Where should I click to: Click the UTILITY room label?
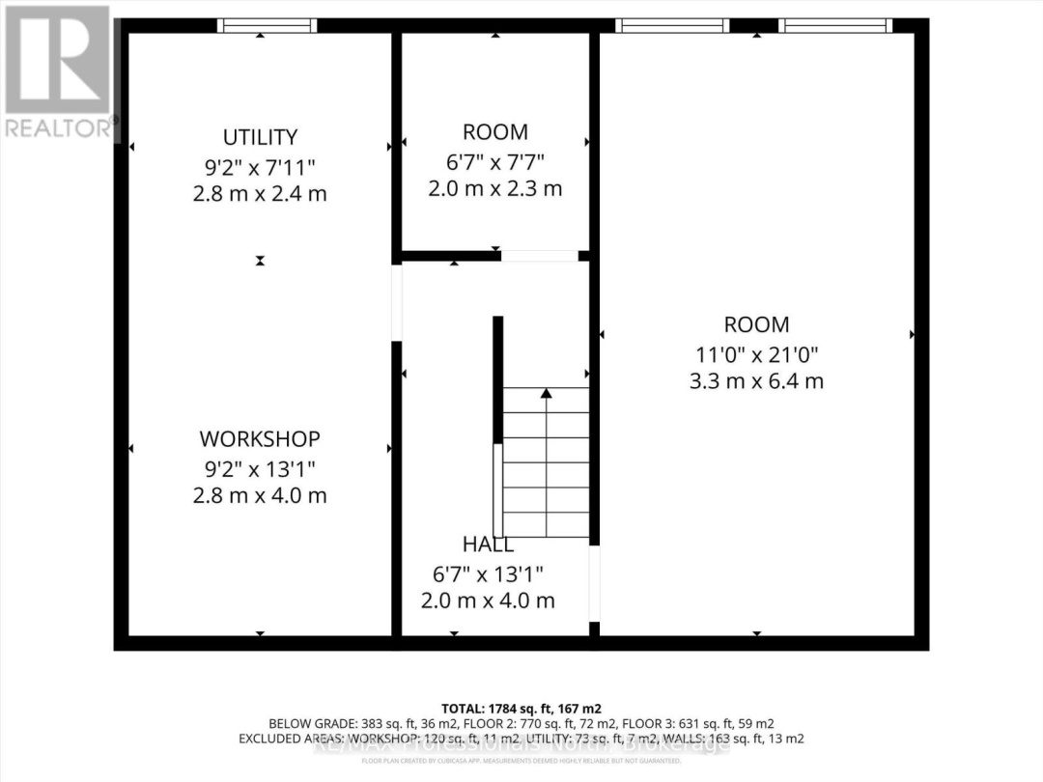[x=259, y=137]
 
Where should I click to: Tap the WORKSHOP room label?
[x=259, y=439]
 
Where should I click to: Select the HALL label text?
[x=488, y=545]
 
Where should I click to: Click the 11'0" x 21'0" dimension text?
[x=756, y=353]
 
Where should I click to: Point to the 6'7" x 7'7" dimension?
[x=494, y=160]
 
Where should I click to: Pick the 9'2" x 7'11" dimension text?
[x=259, y=166]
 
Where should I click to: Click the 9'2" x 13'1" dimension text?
[x=259, y=468]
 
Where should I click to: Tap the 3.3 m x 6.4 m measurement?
[x=756, y=381]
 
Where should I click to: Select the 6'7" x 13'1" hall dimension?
[x=488, y=573]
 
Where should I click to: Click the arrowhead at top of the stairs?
[x=547, y=393]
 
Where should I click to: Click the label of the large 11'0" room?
[x=756, y=325]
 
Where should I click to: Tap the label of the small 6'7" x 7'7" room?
[x=494, y=132]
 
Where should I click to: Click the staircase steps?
[x=547, y=463]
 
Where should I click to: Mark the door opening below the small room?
[x=539, y=256]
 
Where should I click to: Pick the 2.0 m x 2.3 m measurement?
[x=494, y=188]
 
